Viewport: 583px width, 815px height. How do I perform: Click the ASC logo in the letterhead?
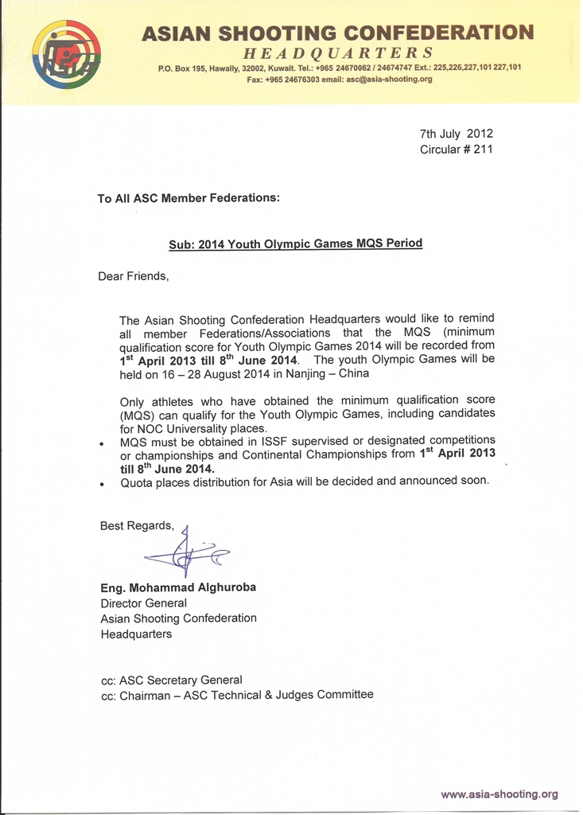click(x=67, y=54)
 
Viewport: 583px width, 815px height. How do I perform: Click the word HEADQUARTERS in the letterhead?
click(x=338, y=53)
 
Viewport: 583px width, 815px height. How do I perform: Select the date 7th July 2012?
click(x=456, y=134)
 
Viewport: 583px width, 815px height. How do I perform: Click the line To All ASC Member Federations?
click(x=189, y=198)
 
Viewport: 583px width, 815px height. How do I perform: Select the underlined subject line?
click(x=295, y=244)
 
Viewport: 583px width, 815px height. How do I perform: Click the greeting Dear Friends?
click(x=134, y=276)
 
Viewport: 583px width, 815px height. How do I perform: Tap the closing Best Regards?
click(x=136, y=525)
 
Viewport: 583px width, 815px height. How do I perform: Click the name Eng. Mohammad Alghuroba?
click(x=178, y=587)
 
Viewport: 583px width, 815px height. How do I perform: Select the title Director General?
click(x=143, y=603)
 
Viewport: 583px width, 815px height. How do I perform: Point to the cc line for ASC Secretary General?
click(x=171, y=680)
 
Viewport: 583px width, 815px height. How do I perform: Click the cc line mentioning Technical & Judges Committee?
click(x=236, y=695)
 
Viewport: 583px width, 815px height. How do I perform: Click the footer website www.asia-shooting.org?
click(x=499, y=794)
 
